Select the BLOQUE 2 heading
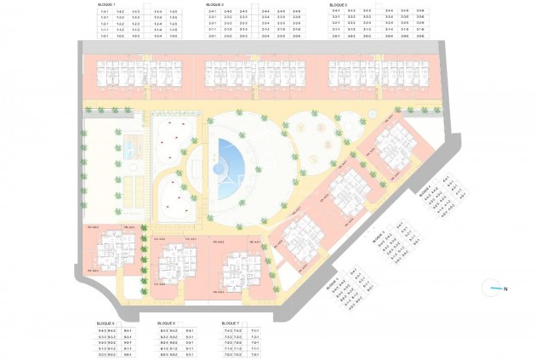(x=214, y=4)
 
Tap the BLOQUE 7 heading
(x=230, y=323)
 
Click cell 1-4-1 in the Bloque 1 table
(x=105, y=12)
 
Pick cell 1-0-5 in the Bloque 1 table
(x=173, y=37)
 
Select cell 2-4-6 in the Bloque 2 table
(x=295, y=12)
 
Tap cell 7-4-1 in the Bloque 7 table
(x=255, y=330)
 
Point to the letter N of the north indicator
(x=505, y=289)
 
